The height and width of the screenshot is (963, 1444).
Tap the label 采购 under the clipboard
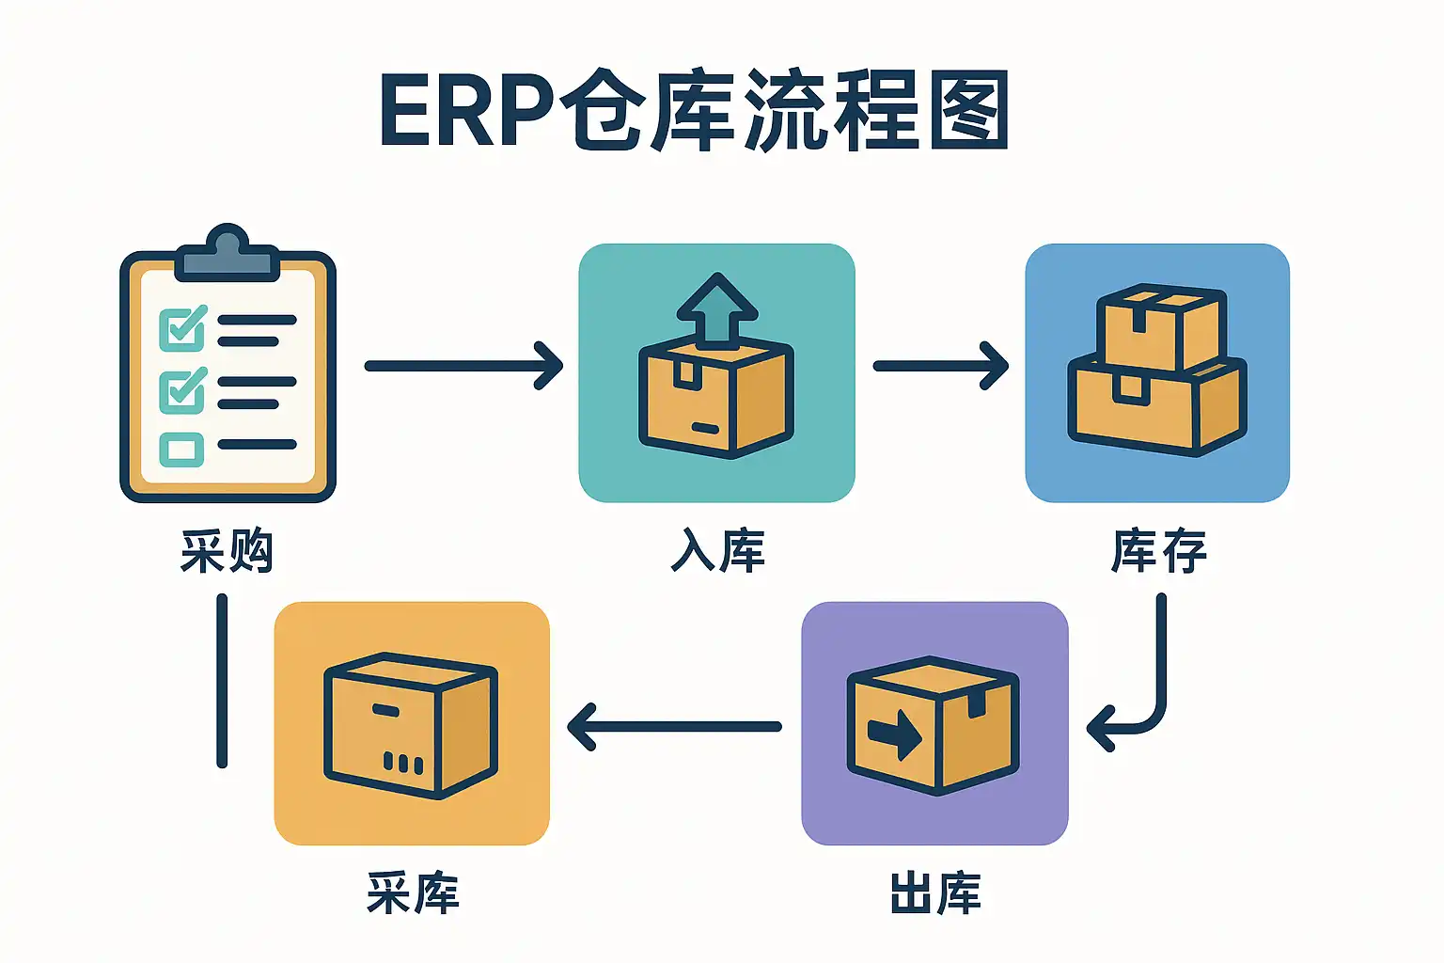click(227, 551)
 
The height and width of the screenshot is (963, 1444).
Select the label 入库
click(717, 551)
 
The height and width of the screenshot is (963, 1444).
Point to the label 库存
click(1158, 551)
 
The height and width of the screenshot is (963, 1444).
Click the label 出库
click(935, 893)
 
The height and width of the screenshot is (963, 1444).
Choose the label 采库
click(413, 893)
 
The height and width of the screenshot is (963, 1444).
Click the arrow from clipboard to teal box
click(463, 365)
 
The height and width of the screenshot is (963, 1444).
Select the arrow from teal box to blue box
click(940, 365)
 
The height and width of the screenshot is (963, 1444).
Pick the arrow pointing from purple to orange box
click(674, 726)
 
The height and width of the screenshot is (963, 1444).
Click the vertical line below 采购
click(222, 681)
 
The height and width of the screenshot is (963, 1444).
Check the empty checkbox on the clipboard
click(181, 450)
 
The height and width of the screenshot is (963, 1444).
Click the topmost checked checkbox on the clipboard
click(182, 328)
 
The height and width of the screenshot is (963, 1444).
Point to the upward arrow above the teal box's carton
click(717, 308)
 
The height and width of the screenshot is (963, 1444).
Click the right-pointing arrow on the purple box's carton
click(894, 733)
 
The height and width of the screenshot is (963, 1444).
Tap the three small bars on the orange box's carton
click(402, 763)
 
